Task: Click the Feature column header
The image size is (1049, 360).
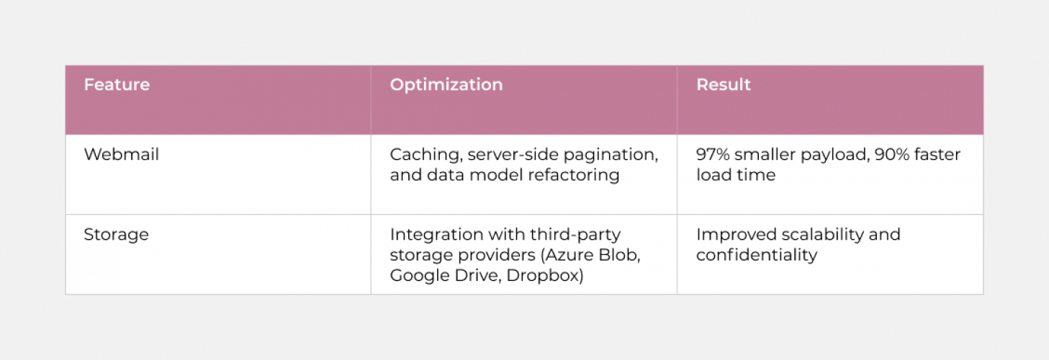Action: click(x=117, y=85)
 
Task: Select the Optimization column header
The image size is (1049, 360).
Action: click(x=446, y=85)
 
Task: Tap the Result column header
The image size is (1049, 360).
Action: click(x=723, y=85)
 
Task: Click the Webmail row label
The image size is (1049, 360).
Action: click(x=121, y=155)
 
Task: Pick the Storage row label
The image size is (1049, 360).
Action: click(x=116, y=235)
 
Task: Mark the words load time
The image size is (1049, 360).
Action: click(x=736, y=175)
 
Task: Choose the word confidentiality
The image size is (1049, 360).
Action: click(x=756, y=255)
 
